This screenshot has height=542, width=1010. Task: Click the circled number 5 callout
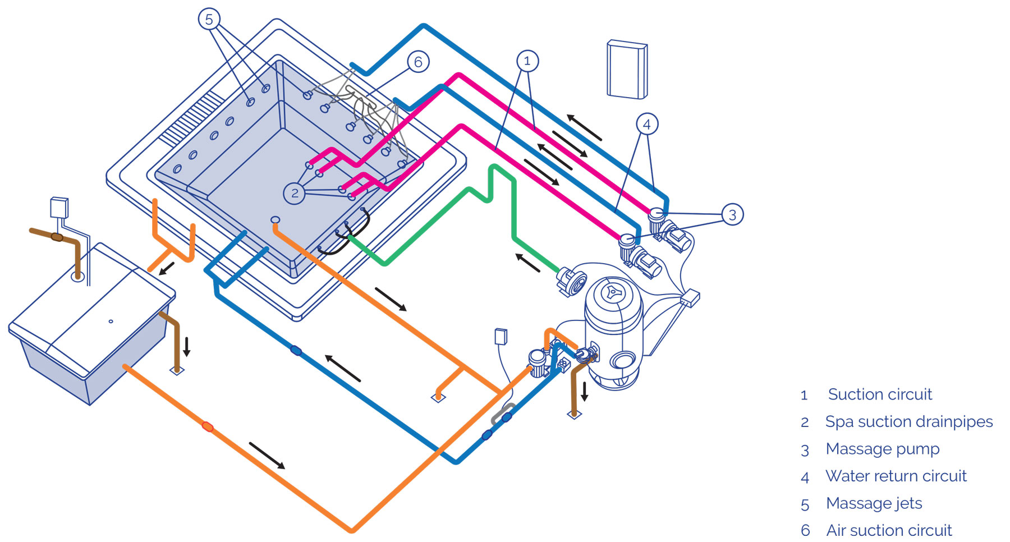point(209,20)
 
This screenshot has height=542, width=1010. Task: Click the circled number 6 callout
point(418,62)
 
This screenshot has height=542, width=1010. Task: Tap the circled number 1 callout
point(527,61)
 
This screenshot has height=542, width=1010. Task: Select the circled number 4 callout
point(647,124)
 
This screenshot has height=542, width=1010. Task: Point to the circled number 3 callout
point(732,214)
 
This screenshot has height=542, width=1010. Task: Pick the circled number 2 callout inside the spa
point(295,193)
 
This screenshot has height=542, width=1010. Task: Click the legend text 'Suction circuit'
point(880,394)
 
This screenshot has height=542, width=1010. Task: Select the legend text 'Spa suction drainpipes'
point(909,421)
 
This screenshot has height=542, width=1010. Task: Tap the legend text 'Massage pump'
point(883,449)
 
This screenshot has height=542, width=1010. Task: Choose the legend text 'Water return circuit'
point(896,476)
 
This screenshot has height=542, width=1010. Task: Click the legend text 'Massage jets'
point(874,503)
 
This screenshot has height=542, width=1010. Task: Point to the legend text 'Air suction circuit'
point(889,530)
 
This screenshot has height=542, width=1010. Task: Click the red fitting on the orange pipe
point(208,426)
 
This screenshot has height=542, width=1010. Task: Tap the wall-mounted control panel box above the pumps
point(627,70)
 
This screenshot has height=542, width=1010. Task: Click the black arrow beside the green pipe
point(527,263)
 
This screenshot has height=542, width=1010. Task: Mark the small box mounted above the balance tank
point(59,207)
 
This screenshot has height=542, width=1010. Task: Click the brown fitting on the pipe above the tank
point(57,237)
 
